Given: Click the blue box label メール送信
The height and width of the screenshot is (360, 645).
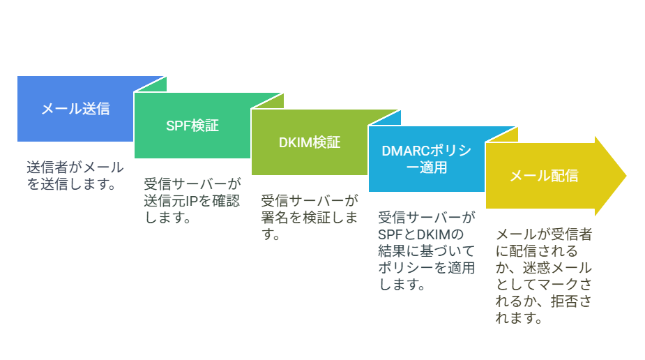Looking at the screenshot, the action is (76, 109).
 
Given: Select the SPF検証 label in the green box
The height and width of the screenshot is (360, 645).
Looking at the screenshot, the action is (192, 126).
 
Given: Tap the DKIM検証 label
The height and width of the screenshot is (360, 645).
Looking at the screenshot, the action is (310, 142).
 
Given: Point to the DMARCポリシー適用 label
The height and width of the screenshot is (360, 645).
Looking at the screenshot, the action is (426, 159).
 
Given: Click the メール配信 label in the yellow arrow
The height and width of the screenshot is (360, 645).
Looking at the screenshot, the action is (544, 176).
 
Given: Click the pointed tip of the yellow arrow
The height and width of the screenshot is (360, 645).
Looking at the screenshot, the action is (625, 176).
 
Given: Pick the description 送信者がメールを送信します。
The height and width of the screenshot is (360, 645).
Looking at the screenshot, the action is (75, 175).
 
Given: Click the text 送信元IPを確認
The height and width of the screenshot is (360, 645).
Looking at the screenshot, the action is (192, 201).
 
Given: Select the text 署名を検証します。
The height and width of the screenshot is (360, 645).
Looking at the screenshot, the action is (310, 226).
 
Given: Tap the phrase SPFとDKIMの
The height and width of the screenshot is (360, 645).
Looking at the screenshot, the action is (420, 234).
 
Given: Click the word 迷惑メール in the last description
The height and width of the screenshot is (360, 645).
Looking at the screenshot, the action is (557, 268).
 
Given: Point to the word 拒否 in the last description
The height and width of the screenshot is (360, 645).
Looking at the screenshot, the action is (564, 301).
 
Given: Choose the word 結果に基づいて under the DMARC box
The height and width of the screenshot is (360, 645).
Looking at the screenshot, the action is (426, 251).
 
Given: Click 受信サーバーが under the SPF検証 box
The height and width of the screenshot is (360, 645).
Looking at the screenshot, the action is (192, 184).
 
